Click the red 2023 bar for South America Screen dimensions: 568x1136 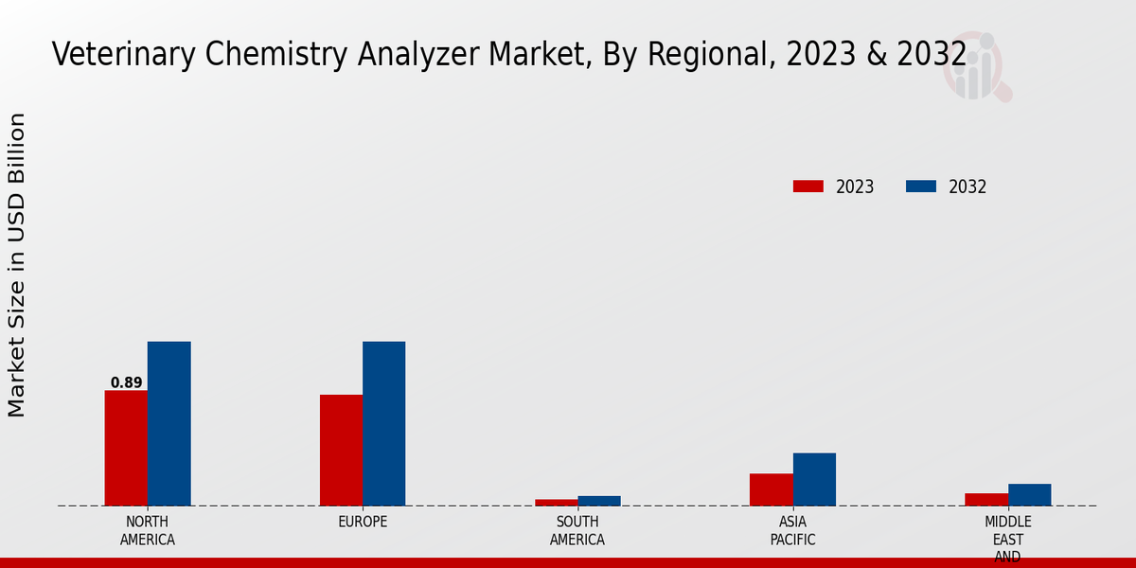pyautogui.click(x=556, y=502)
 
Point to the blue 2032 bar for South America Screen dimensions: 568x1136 pyautogui.click(x=599, y=500)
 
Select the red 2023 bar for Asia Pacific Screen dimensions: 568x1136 pyautogui.click(x=771, y=489)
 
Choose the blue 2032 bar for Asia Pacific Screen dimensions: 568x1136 pyautogui.click(x=814, y=479)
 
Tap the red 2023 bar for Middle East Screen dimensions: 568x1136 pyautogui.click(x=985, y=499)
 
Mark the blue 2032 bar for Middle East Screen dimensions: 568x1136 pyautogui.click(x=1029, y=494)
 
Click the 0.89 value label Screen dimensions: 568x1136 pyautogui.click(x=126, y=382)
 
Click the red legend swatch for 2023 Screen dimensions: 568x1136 pyautogui.click(x=808, y=186)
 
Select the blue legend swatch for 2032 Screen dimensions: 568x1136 pyautogui.click(x=921, y=186)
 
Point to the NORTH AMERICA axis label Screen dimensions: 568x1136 pyautogui.click(x=147, y=531)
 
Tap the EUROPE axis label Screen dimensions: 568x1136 pyautogui.click(x=363, y=522)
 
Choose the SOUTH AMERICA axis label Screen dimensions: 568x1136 pyautogui.click(x=577, y=531)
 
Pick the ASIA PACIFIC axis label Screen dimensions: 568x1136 pyautogui.click(x=792, y=531)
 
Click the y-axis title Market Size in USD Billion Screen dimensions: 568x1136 pyautogui.click(x=17, y=265)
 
